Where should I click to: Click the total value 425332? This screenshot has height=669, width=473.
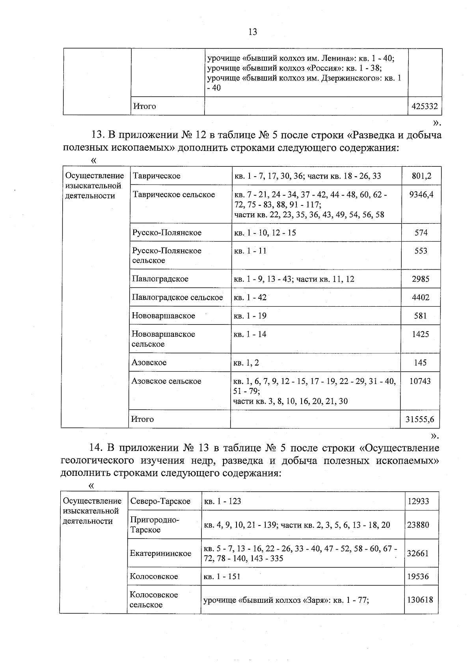click(x=424, y=106)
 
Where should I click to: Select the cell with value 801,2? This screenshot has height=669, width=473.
click(x=421, y=176)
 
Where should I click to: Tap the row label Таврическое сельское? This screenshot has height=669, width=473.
click(x=174, y=195)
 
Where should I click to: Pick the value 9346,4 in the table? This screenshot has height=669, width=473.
click(x=421, y=195)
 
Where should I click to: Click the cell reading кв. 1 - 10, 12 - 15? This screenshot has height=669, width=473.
click(x=265, y=233)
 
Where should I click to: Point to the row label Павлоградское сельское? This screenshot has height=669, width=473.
click(x=177, y=298)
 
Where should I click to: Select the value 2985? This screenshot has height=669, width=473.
click(x=421, y=279)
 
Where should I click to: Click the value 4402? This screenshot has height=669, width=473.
click(x=421, y=298)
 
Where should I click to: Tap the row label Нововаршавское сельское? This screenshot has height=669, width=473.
click(x=163, y=339)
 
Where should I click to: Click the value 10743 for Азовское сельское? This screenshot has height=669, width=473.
click(x=420, y=381)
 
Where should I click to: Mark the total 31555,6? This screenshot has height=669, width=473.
click(x=420, y=419)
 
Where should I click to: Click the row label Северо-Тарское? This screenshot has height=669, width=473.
click(x=160, y=501)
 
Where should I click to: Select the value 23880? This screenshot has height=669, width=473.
click(x=418, y=525)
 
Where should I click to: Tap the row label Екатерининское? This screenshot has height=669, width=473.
click(x=160, y=553)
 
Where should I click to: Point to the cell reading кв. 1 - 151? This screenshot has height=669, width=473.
click(x=222, y=577)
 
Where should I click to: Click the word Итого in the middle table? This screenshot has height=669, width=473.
click(x=142, y=419)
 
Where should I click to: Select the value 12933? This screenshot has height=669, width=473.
click(x=418, y=501)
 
